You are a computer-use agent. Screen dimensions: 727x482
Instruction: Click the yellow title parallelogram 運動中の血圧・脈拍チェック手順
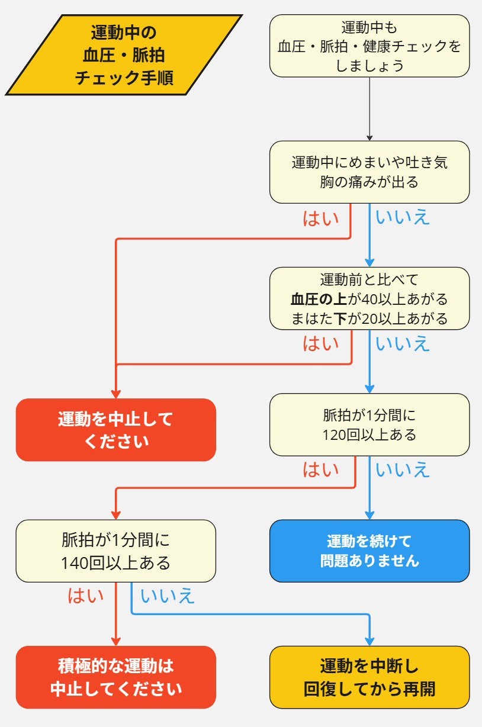[124, 55]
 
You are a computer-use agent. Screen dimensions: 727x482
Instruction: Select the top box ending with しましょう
[369, 46]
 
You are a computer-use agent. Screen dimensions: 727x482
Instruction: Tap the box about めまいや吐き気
[369, 172]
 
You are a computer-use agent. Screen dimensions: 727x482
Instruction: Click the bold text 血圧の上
[318, 298]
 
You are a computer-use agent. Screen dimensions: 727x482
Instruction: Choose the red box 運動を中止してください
[115, 430]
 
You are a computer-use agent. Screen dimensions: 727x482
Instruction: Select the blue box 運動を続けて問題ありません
[369, 551]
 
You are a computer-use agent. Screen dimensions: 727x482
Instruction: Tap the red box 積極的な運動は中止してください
[115, 677]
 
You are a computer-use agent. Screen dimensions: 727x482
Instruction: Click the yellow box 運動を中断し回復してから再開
[369, 677]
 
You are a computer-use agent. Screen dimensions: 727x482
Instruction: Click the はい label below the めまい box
[320, 218]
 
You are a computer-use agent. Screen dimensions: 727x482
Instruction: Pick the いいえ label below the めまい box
[403, 218]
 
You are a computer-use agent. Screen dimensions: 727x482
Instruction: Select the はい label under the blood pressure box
[320, 343]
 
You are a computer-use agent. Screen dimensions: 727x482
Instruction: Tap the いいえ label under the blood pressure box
[403, 343]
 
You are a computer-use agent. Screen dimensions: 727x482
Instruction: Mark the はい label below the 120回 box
[320, 469]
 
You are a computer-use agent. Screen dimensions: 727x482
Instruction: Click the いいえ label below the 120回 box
[403, 469]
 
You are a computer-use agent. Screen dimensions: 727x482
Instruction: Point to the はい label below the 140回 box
[85, 596]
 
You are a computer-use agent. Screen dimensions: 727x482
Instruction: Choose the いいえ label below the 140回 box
[168, 596]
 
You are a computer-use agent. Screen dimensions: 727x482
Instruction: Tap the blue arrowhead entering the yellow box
[369, 640]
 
